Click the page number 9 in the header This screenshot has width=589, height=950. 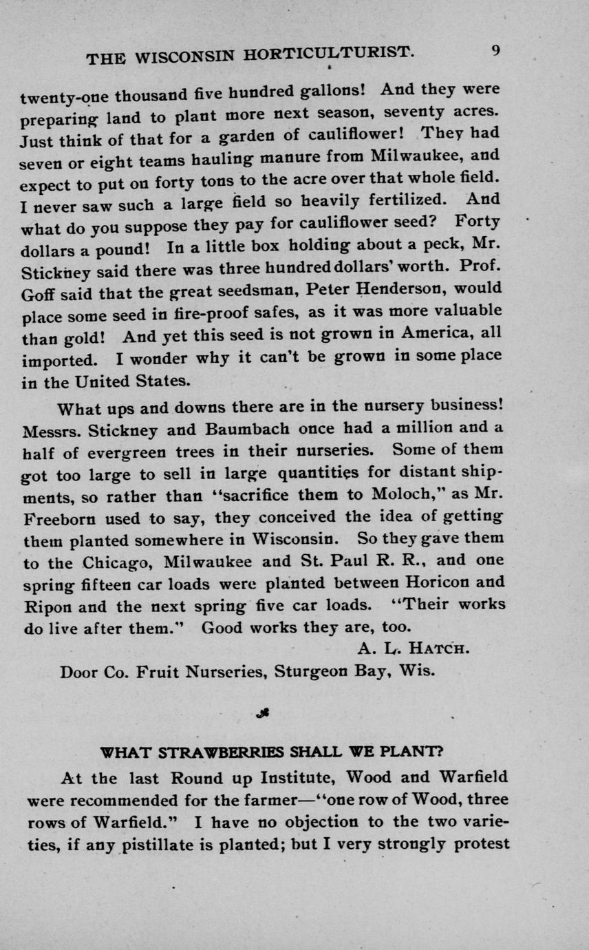pyautogui.click(x=495, y=51)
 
